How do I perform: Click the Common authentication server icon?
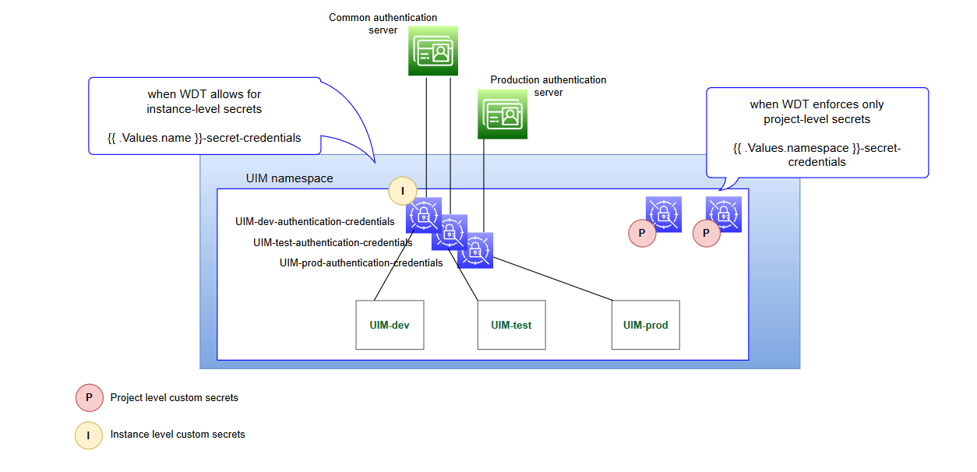click(x=433, y=51)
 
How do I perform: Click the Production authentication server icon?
click(x=502, y=114)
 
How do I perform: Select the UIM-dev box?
click(x=390, y=325)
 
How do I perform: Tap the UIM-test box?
click(x=511, y=325)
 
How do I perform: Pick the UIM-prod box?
click(x=645, y=325)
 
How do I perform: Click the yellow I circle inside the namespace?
click(x=403, y=190)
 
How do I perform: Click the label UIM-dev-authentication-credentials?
click(x=315, y=222)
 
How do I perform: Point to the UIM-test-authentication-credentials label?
click(x=333, y=242)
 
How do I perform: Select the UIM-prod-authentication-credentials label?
click(x=361, y=263)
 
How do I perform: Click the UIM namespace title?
click(x=289, y=178)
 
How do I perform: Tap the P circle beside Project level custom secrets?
click(x=89, y=397)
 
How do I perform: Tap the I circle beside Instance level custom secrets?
click(x=89, y=435)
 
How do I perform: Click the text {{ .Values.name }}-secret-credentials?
click(x=204, y=138)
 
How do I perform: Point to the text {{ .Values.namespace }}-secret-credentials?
click(x=817, y=155)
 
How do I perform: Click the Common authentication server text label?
click(x=383, y=23)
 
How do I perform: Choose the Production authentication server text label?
click(x=548, y=86)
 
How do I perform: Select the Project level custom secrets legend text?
click(x=174, y=398)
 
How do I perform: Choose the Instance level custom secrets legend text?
click(x=178, y=435)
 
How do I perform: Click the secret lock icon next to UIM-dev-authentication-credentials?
click(x=422, y=214)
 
